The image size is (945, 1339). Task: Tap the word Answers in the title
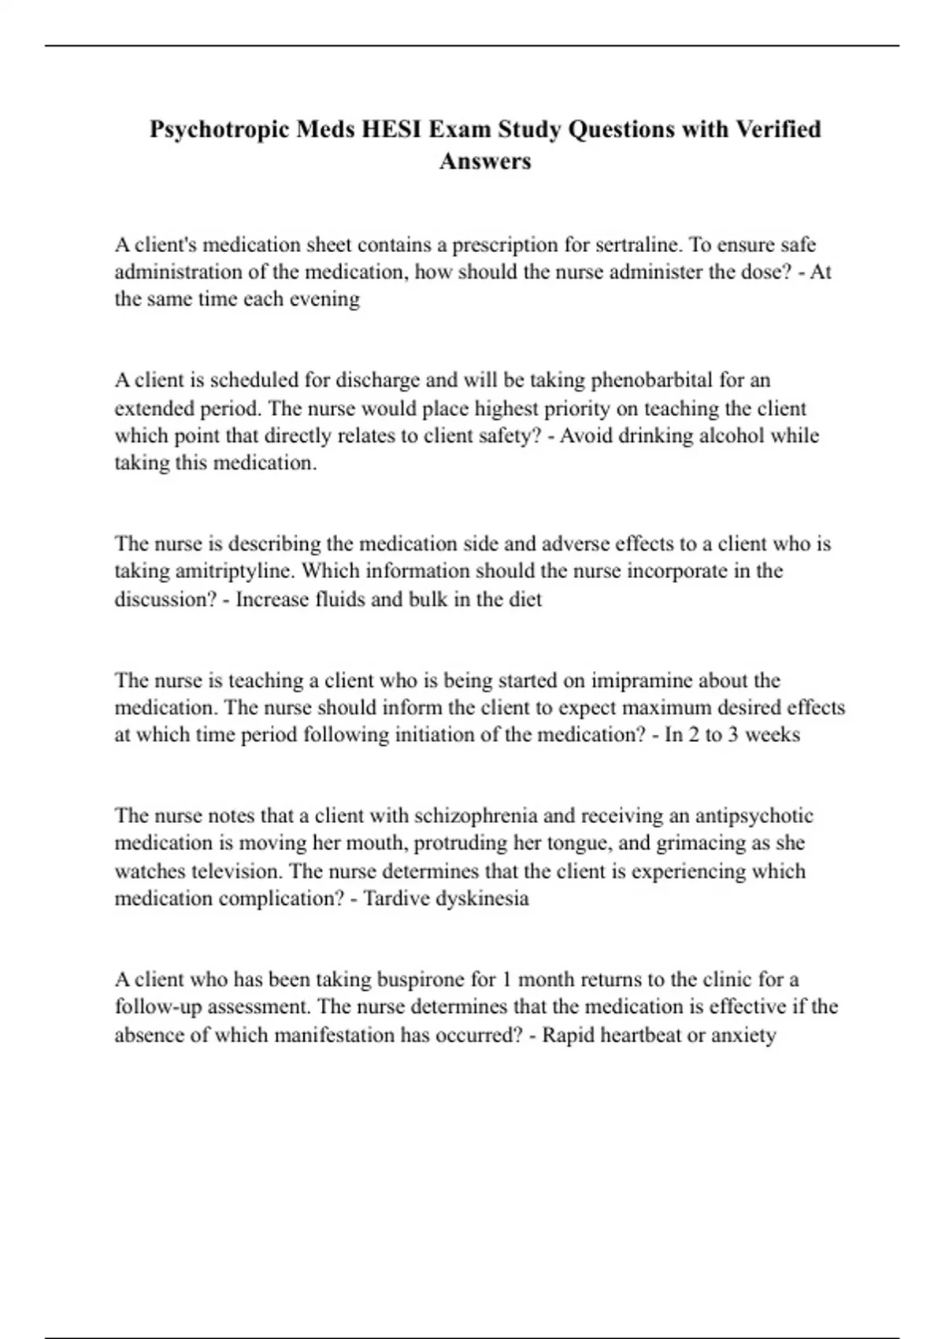tap(485, 161)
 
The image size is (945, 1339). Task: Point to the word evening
tap(325, 299)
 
